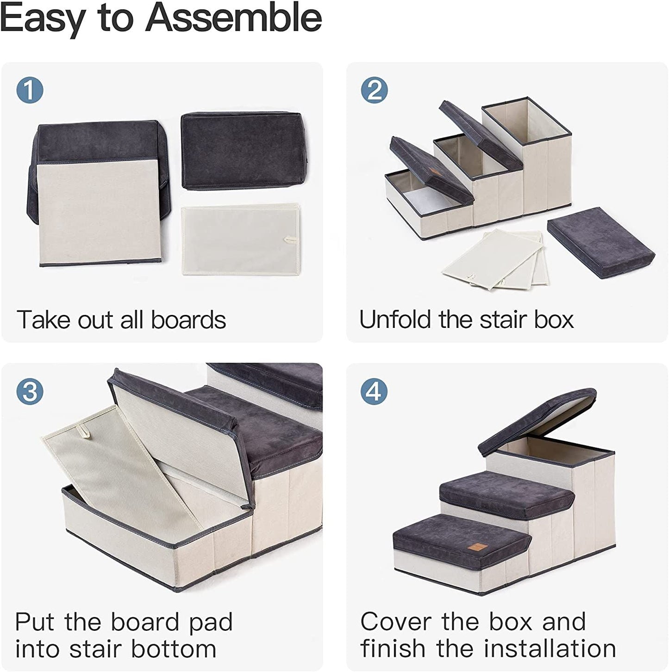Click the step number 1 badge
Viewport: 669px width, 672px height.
(x=30, y=90)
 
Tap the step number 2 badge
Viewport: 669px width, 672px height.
(x=375, y=90)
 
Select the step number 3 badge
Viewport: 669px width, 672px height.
(x=30, y=391)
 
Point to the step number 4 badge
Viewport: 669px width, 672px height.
(x=375, y=391)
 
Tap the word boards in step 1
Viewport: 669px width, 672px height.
(x=188, y=320)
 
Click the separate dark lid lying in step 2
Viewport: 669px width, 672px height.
(x=601, y=242)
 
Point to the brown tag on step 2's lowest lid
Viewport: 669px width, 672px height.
(x=435, y=172)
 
